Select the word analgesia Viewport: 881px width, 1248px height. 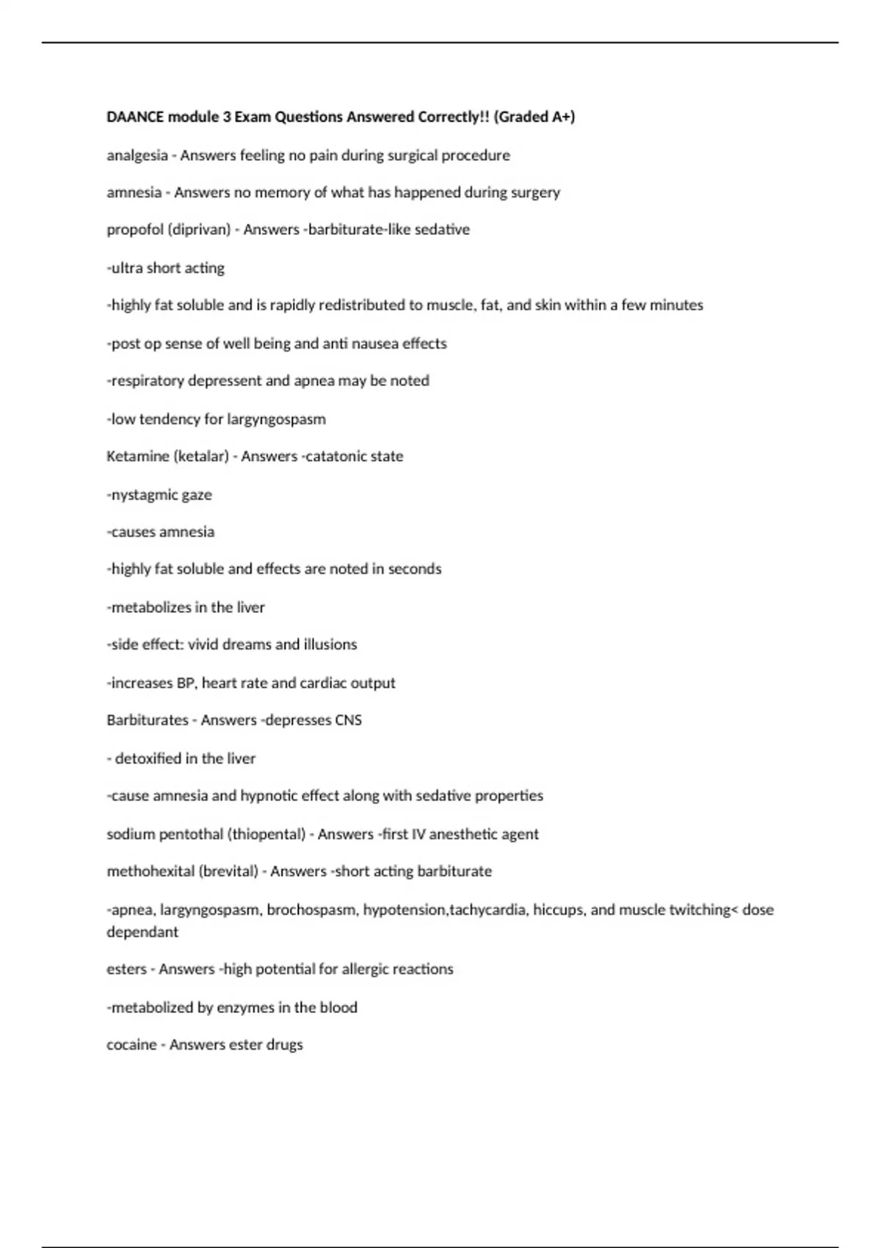(x=137, y=156)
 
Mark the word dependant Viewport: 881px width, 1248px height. (x=142, y=932)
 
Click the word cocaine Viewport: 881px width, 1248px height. (x=131, y=1045)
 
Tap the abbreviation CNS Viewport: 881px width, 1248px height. (x=348, y=720)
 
